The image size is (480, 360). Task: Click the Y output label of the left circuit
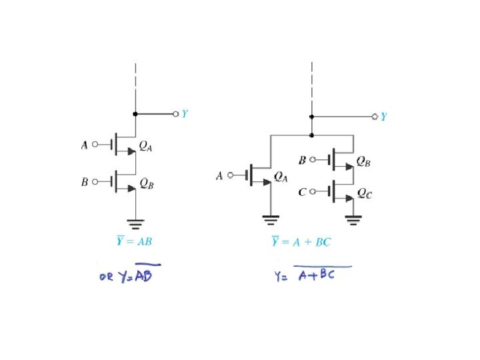tap(185, 114)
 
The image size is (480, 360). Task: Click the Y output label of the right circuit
tap(383, 117)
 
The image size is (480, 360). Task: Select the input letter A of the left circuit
tap(85, 145)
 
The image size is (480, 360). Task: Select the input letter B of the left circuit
tap(85, 181)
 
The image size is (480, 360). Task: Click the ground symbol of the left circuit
tap(135, 223)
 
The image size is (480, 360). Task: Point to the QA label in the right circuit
tap(281, 178)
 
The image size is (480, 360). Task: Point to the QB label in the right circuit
tap(364, 161)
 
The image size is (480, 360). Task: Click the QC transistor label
tap(365, 194)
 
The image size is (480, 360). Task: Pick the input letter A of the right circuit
tap(219, 176)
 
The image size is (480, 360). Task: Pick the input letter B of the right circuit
tap(303, 160)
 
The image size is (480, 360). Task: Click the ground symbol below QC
tap(353, 217)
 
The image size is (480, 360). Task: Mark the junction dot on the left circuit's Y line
tap(135, 115)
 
